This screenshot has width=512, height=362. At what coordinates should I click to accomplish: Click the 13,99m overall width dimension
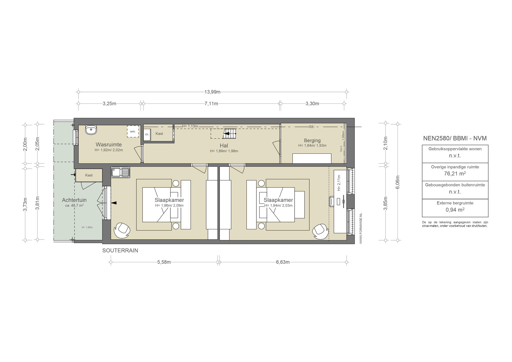[212, 92]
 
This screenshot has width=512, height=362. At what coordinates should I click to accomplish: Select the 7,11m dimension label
[211, 103]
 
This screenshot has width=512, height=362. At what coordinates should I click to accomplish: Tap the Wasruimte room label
[109, 144]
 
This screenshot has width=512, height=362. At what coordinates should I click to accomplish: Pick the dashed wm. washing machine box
[133, 131]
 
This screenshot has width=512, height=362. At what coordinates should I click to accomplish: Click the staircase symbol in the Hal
[229, 133]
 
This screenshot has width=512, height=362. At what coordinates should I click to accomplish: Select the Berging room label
[312, 140]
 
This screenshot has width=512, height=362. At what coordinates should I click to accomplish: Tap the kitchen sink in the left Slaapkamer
[120, 172]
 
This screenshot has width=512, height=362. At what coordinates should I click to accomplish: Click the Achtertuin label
[74, 200]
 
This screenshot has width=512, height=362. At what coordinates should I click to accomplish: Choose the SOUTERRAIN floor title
[120, 250]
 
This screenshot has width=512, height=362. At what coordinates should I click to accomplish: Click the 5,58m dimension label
[164, 262]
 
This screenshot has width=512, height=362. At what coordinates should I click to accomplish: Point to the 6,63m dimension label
[283, 262]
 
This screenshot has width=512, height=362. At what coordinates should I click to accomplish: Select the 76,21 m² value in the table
[455, 173]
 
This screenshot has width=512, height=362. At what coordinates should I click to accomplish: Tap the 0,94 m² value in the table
[455, 210]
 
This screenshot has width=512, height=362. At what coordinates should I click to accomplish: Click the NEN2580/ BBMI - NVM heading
[455, 138]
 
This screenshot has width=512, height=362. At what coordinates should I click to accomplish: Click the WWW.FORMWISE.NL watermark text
[360, 228]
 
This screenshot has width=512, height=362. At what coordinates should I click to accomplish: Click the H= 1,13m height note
[190, 126]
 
